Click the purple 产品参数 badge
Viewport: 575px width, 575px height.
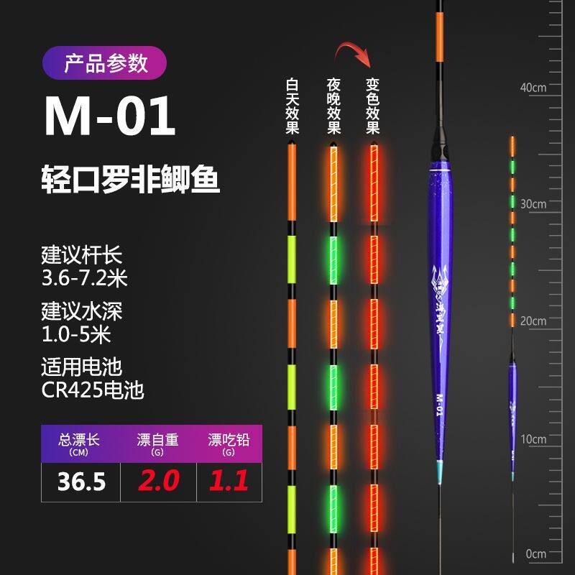106,63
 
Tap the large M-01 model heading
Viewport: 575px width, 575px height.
110,117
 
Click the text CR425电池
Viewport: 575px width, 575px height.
93,391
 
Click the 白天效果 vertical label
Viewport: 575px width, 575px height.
292,106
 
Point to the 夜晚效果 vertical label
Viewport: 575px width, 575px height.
333,106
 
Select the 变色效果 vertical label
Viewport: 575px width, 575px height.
372,106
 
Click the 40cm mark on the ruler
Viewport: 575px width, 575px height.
533,88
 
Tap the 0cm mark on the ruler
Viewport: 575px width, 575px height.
536,554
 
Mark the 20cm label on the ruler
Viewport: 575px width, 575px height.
533,321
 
